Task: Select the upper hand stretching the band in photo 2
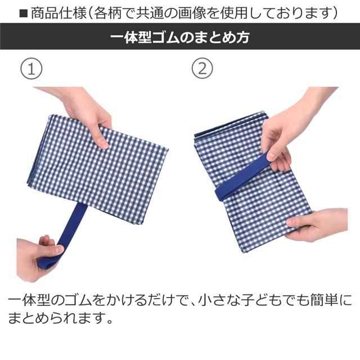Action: [x=284, y=135]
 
